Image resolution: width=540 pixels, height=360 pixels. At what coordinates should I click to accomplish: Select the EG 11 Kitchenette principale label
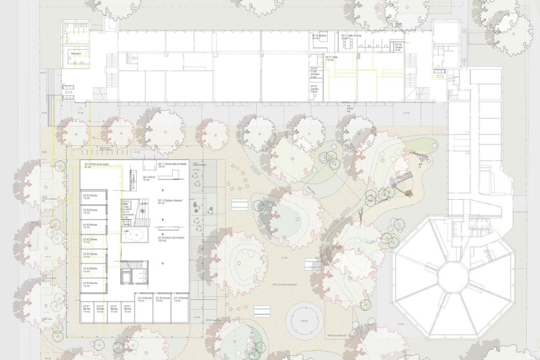(173, 164)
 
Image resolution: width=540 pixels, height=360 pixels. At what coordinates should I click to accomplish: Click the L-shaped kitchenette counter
(175, 174)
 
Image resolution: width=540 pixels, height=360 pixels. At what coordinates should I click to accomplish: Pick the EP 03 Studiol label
(398, 46)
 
